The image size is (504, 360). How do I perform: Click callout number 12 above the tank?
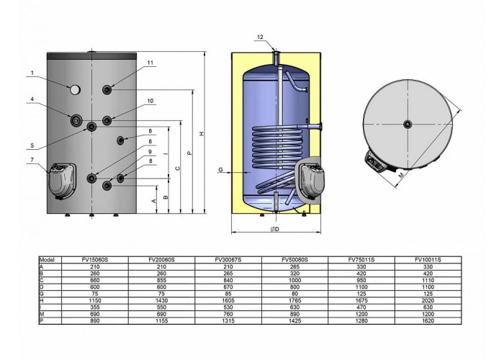coord(260,37)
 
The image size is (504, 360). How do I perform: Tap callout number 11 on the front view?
coord(150,63)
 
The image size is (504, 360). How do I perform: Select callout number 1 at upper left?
coord(32,73)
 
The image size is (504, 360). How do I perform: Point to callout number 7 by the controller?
coord(32,160)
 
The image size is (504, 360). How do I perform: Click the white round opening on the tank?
coord(75,90)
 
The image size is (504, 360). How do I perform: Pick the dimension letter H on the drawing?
coord(202,133)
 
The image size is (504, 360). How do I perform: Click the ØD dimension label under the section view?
coord(274,229)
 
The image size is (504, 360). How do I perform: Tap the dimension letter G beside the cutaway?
coord(220,169)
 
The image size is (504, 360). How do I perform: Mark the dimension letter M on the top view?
coord(401,175)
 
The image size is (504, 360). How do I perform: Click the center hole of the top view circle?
coord(408,124)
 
